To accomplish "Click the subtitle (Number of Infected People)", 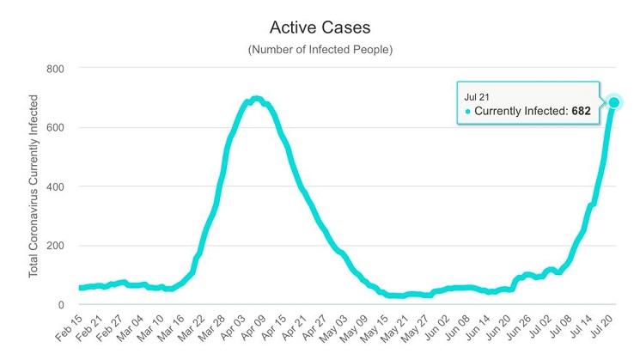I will click(x=320, y=50).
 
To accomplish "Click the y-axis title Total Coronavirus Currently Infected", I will click(x=34, y=186).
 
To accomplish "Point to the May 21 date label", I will click(x=400, y=332).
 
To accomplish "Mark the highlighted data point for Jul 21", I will click(x=614, y=103).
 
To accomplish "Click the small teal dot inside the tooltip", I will click(x=468, y=112).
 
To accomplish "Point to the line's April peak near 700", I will click(x=255, y=100).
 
